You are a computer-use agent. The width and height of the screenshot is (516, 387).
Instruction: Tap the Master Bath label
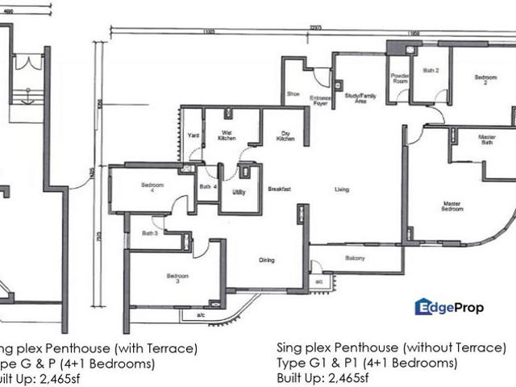(x=486, y=140)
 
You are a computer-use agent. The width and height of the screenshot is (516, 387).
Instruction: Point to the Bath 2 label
(x=431, y=71)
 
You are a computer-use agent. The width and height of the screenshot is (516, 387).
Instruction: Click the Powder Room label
(x=401, y=78)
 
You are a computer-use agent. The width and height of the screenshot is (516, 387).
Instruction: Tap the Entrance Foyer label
(x=321, y=100)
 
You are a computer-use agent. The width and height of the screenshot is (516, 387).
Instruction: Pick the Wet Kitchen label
(x=227, y=136)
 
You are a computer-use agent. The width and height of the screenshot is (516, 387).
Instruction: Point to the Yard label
(x=193, y=135)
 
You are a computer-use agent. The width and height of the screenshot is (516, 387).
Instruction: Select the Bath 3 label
(x=150, y=233)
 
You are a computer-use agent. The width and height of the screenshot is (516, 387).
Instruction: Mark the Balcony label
(x=355, y=258)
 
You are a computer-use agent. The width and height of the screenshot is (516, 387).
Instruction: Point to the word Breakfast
(x=280, y=189)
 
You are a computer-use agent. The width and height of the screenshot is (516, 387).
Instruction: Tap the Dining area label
(x=267, y=260)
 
